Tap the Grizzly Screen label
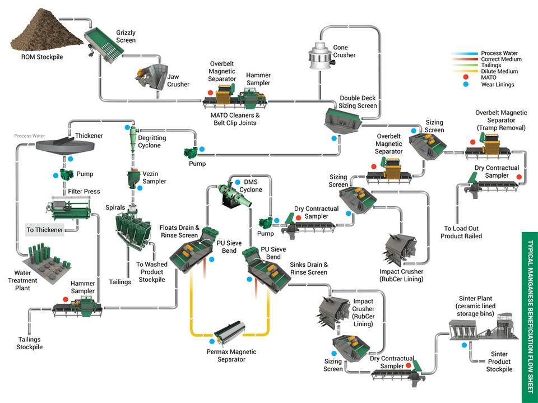click(x=126, y=37)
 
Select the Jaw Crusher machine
click(x=150, y=77)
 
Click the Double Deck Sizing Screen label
click(x=358, y=102)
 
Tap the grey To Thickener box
click(x=45, y=230)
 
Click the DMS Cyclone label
click(x=251, y=186)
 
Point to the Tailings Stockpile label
click(x=29, y=343)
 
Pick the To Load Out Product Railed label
click(x=463, y=232)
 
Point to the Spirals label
click(x=115, y=207)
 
